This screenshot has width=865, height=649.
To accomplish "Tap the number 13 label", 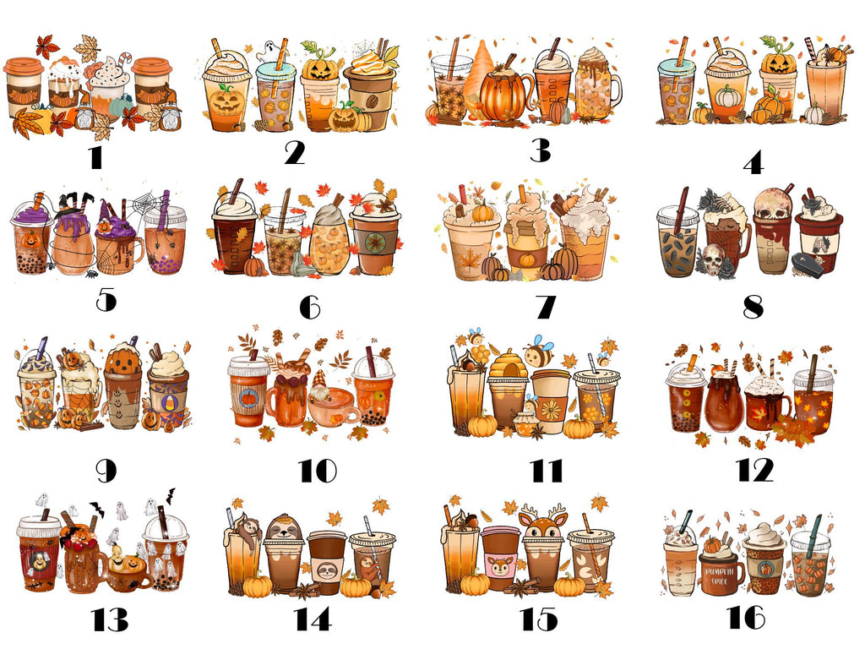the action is (x=110, y=619).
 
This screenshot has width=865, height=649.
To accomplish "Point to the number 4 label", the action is (x=753, y=163).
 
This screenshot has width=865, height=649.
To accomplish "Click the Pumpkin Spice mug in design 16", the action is (x=721, y=574).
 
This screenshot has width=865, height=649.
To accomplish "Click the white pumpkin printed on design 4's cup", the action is (x=727, y=96).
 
